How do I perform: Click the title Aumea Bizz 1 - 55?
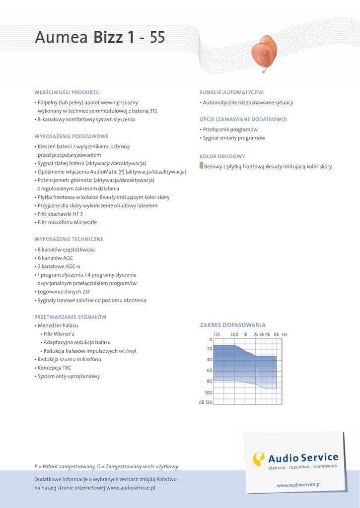tap(99, 37)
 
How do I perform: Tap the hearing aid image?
tap(264, 52)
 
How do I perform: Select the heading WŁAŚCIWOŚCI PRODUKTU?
tap(67, 92)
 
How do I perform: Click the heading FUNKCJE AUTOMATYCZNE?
tap(231, 92)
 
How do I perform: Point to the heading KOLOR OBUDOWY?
tap(222, 156)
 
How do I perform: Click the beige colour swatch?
tap(202, 166)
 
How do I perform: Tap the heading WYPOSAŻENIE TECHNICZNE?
tap(69, 239)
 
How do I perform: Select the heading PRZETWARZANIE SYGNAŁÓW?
tap(71, 317)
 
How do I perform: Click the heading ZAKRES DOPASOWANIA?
tap(232, 325)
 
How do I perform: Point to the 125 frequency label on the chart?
tap(216, 334)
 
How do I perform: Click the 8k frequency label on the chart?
tap(277, 334)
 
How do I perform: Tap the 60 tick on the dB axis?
tap(209, 371)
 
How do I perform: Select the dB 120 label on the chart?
tap(206, 402)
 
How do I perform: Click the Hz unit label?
tap(285, 334)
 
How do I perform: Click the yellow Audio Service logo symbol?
tap(259, 458)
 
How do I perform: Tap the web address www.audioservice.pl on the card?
tap(298, 484)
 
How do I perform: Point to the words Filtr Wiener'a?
tap(59, 334)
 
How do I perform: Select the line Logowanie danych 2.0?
tap(63, 292)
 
